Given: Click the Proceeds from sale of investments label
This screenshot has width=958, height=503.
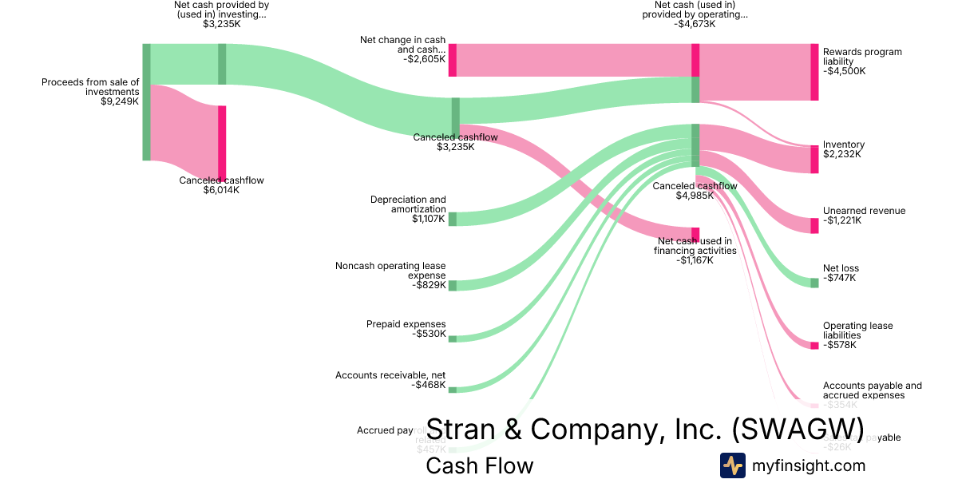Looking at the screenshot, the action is (90, 86).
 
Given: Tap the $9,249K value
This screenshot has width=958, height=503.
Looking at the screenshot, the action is (120, 102).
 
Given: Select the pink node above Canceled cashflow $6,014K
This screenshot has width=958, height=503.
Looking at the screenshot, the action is (222, 143).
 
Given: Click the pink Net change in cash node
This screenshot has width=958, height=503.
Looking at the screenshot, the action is (452, 60).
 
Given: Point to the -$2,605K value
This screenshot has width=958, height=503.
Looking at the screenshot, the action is (424, 59).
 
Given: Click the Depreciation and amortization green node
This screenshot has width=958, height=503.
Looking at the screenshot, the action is (452, 219).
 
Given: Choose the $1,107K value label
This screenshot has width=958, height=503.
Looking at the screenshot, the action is (429, 219).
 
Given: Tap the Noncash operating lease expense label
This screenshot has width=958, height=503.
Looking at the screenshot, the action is (390, 271).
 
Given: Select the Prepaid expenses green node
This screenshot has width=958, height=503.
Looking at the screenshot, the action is (452, 339).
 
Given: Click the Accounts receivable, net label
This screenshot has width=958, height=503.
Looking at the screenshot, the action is (390, 375).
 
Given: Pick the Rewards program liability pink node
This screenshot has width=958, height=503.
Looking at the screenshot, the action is (814, 72).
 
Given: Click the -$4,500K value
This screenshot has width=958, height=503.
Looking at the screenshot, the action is (845, 71).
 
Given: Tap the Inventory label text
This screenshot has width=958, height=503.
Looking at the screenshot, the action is (844, 145).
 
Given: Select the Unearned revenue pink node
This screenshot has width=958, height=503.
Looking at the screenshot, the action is (814, 225).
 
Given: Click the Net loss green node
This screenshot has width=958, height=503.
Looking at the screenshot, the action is (814, 282).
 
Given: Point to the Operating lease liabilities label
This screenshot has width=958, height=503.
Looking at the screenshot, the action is (857, 331).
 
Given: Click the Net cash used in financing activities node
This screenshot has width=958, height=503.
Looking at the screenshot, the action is (695, 234).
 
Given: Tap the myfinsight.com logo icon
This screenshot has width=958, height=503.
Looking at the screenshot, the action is (732, 465).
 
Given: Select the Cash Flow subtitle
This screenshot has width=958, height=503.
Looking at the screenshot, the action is (479, 465).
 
